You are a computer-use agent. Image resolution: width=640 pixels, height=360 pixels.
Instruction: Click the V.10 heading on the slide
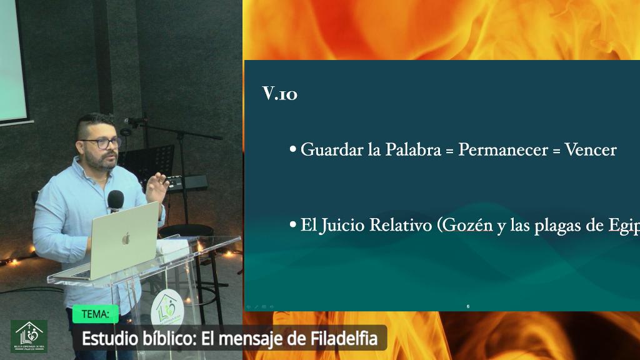(x=279, y=94)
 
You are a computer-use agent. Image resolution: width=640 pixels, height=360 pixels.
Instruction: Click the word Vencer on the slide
(x=591, y=151)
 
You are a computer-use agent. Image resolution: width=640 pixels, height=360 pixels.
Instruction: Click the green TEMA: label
(x=95, y=314)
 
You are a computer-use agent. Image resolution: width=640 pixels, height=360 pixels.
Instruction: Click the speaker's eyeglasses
(x=102, y=143)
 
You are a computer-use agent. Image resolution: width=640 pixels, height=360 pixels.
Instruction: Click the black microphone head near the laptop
(x=116, y=200)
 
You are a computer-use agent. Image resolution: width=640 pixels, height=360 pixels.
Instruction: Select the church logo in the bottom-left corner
(x=29, y=336)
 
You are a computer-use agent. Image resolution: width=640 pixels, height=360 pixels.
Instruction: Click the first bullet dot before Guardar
(x=292, y=151)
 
